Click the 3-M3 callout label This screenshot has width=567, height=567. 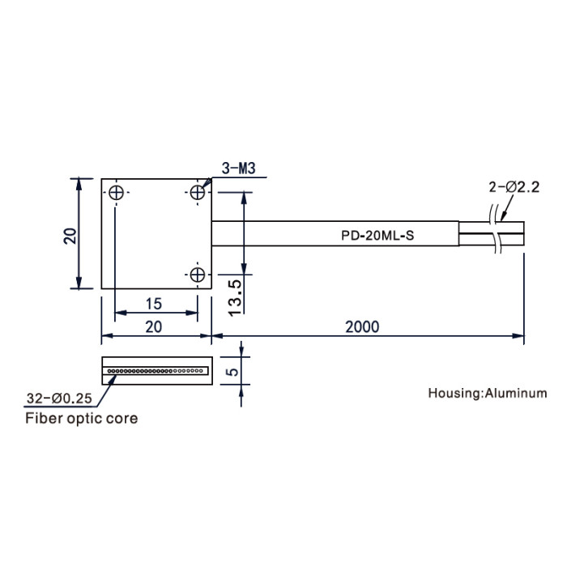239,168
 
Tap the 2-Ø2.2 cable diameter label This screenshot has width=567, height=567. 514,187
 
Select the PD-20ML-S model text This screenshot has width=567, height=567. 377,236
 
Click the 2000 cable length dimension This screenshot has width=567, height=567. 362,327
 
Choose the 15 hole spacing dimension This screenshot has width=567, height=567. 153,304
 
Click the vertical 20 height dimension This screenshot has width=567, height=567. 70,237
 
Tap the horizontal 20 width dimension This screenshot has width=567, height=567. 153,327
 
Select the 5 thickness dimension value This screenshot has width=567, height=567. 234,371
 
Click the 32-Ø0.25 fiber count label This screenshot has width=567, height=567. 59,399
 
